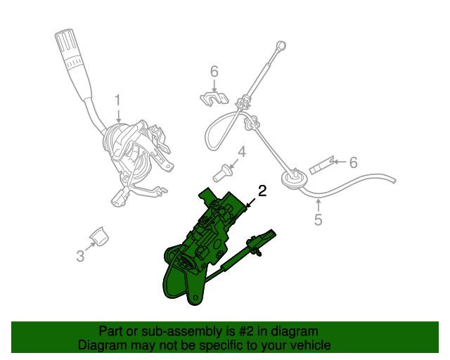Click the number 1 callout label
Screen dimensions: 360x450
click(118, 100)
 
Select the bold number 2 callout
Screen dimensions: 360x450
click(262, 191)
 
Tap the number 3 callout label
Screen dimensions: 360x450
click(80, 257)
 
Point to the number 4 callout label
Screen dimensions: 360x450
click(241, 152)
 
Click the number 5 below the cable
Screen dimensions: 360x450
click(318, 220)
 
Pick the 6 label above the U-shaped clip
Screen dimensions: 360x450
click(214, 70)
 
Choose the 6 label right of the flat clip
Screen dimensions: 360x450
click(353, 162)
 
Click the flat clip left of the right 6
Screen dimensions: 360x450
click(321, 167)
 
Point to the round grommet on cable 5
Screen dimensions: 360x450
click(290, 180)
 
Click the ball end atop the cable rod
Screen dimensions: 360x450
click(281, 47)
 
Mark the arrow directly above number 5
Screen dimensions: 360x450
click(318, 205)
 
